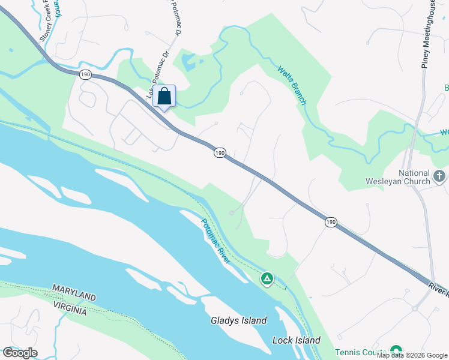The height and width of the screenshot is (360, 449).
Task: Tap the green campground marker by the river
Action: pyautogui.click(x=267, y=279)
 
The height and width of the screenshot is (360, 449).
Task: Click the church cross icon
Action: pyautogui.click(x=439, y=176)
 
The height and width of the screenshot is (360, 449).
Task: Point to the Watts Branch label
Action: pyautogui.click(x=292, y=85)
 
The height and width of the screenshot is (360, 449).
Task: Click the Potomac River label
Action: pyautogui.click(x=215, y=241)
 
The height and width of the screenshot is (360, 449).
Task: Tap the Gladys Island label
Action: pyautogui.click(x=238, y=320)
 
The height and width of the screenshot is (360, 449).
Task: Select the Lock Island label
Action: pyautogui.click(x=296, y=340)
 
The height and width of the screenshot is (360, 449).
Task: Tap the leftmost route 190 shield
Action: pyautogui.click(x=85, y=74)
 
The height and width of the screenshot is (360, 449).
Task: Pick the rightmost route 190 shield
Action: pyautogui.click(x=331, y=222)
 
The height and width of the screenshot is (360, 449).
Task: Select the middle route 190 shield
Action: pyautogui.click(x=220, y=154)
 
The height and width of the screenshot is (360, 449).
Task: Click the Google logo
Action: pyautogui.click(x=20, y=352)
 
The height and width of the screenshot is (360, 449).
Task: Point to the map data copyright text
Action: pyautogui.click(x=412, y=356)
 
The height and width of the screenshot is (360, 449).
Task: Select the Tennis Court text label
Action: pyautogui.click(x=360, y=352)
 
